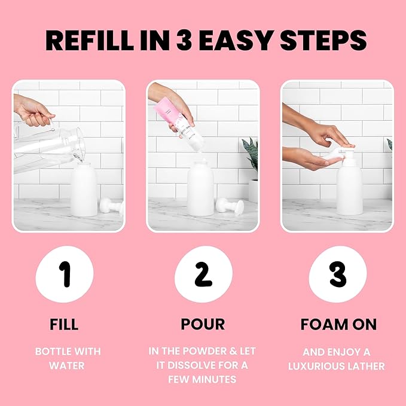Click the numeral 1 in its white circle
(65, 274)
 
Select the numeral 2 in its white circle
(203, 274)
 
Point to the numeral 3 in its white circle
(337, 274)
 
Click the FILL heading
(64, 325)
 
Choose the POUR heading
(203, 325)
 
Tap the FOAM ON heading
(338, 325)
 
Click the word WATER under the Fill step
(68, 365)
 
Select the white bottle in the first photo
(84, 190)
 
